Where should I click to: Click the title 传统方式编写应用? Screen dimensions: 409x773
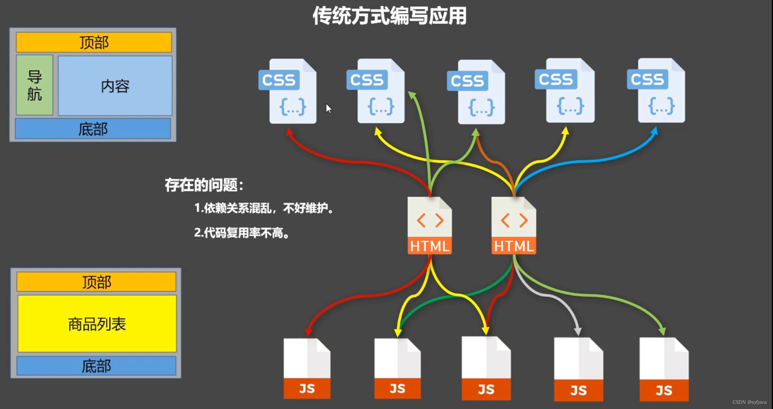click(x=389, y=16)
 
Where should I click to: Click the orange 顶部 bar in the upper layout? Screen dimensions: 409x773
click(x=94, y=42)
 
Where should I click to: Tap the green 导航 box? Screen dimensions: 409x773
click(x=34, y=85)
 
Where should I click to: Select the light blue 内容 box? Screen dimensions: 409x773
click(x=115, y=86)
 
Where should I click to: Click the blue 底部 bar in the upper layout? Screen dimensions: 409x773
click(x=93, y=129)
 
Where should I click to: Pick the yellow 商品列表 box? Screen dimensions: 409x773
click(x=97, y=324)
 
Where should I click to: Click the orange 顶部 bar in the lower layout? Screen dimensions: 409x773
click(x=97, y=282)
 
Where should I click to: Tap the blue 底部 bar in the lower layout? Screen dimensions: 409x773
click(x=97, y=366)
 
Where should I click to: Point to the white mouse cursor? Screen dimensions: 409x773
click(x=328, y=108)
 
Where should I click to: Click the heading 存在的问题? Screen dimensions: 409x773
click(x=204, y=185)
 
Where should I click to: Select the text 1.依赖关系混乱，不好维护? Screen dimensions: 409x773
click(x=264, y=208)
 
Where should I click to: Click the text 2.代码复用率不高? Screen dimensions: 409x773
click(x=242, y=233)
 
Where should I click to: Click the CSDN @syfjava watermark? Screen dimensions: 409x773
click(x=749, y=402)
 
